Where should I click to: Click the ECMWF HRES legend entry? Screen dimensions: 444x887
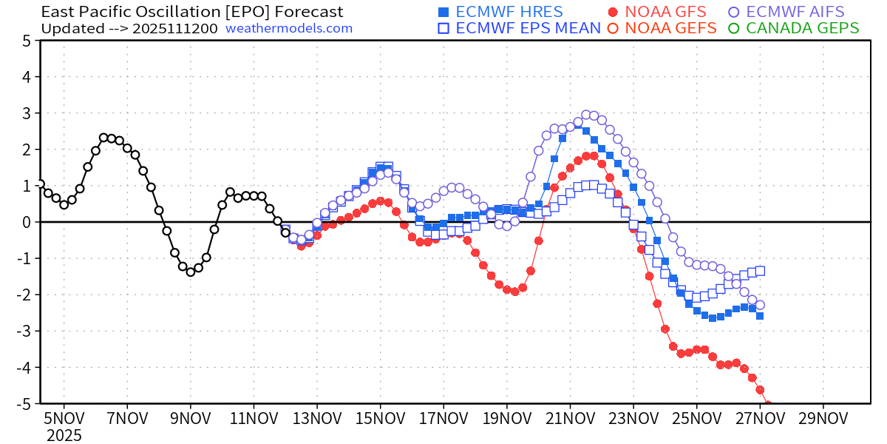pyautogui.click(x=500, y=12)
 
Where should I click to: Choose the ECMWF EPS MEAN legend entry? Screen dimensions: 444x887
pyautogui.click(x=519, y=28)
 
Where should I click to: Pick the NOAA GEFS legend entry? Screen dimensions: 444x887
pyautogui.click(x=662, y=28)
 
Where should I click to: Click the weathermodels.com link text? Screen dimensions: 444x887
pyautogui.click(x=289, y=28)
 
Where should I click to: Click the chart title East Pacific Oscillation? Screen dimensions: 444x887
pyautogui.click(x=192, y=12)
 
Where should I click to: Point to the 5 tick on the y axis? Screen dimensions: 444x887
pyautogui.click(x=26, y=41)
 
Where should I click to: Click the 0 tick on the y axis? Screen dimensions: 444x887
pyautogui.click(x=26, y=222)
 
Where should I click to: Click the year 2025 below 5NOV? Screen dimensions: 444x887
pyautogui.click(x=64, y=435)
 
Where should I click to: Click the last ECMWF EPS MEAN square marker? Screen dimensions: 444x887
pyautogui.click(x=760, y=271)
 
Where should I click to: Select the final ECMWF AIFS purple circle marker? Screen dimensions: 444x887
pyautogui.click(x=760, y=305)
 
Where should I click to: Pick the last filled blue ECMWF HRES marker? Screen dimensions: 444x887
pyautogui.click(x=760, y=316)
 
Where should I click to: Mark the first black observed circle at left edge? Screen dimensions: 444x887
pyautogui.click(x=40, y=184)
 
